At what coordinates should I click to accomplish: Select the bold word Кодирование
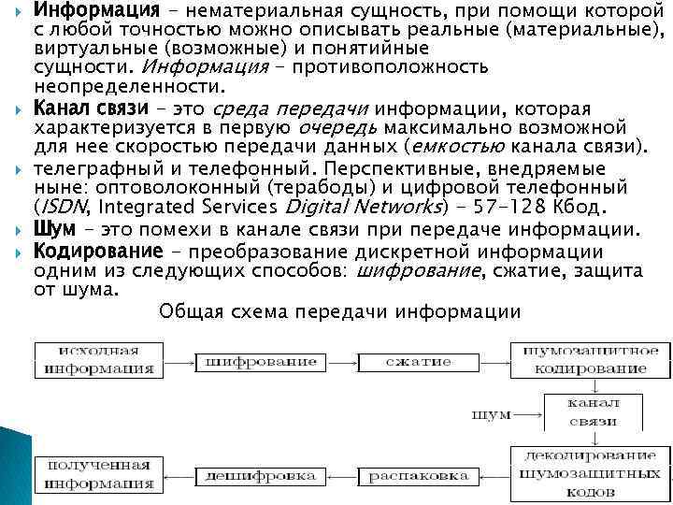click(94, 251)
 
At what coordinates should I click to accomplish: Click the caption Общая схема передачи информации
click(340, 311)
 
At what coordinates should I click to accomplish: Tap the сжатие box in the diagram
click(406, 360)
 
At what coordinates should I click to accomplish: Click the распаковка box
click(406, 476)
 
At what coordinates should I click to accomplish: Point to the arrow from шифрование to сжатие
click(329, 361)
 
